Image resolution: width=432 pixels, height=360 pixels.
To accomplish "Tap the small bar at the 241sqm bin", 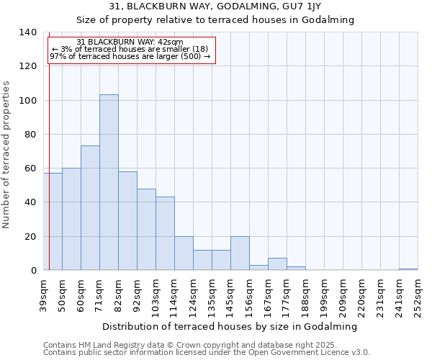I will pos(408,269).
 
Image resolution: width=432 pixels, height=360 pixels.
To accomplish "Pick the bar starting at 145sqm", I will pos(240,253).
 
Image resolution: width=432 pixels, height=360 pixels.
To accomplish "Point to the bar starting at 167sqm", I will pos(277,264).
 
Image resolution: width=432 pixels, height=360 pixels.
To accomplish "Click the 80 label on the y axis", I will pos(31,135).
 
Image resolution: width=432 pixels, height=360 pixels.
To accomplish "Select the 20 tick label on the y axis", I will pos(31,237).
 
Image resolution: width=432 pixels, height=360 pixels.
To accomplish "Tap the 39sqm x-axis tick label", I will pos(43,294).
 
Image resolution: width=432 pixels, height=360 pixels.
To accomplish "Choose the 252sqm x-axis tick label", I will pos(418,295).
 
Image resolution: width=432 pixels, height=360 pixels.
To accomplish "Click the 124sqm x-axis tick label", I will pos(193,295).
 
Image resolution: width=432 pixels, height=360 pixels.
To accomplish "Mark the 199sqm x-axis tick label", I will pos(324,295).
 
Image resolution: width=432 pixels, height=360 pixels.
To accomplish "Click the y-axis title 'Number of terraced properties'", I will pos(7,155).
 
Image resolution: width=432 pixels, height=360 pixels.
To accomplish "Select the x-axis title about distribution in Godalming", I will pos(230,326).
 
